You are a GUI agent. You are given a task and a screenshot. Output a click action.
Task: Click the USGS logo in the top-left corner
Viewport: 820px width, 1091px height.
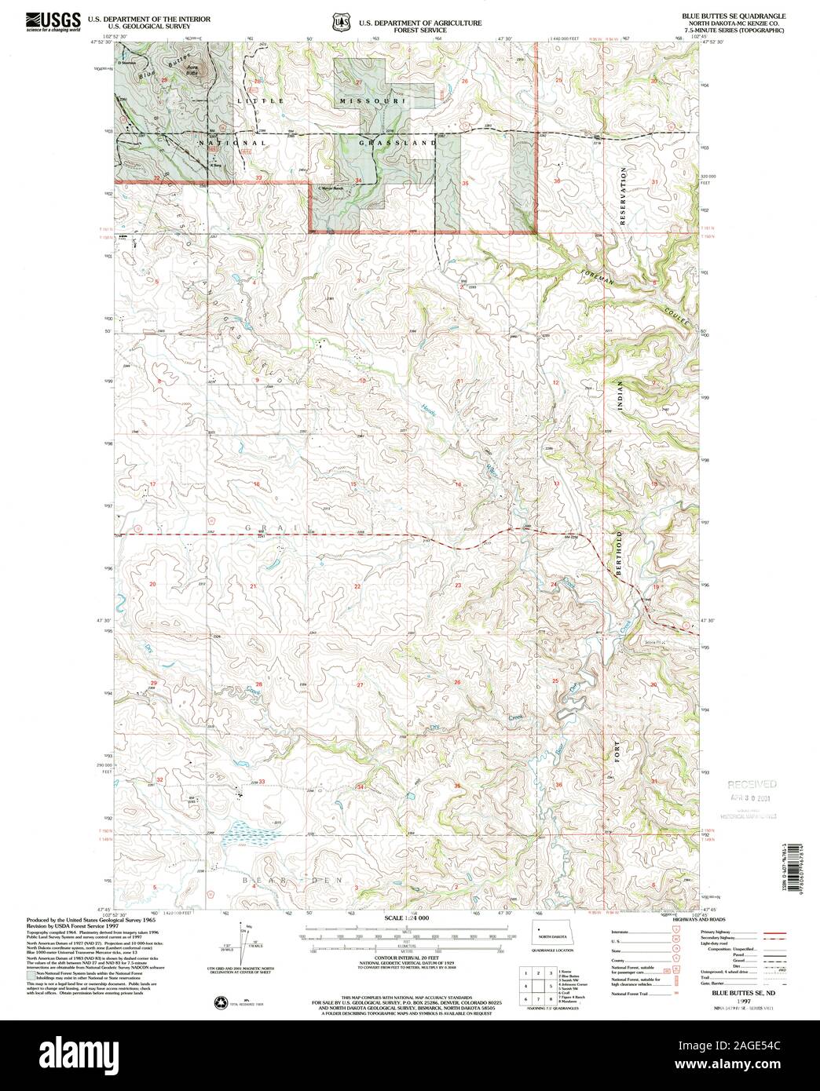coord(53,21)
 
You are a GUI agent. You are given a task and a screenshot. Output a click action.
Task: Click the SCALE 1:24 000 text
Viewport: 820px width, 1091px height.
coord(408,918)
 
